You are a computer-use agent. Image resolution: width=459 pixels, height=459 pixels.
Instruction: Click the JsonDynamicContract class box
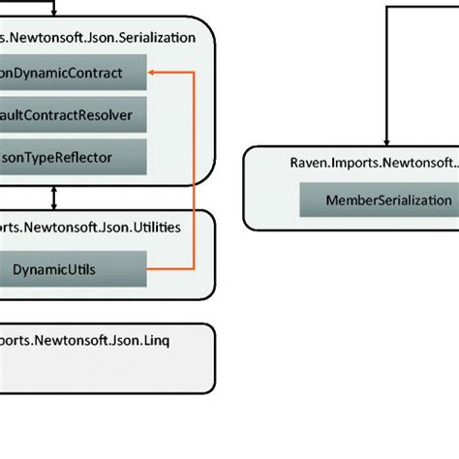click(73, 72)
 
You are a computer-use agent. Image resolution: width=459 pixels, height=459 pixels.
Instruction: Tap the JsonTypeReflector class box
click(73, 157)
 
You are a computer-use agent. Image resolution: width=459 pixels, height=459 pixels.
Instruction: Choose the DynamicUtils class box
click(73, 268)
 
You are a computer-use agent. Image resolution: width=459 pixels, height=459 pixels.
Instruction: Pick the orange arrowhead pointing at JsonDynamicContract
click(154, 72)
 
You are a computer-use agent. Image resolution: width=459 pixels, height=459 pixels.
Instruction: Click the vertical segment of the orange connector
click(194, 169)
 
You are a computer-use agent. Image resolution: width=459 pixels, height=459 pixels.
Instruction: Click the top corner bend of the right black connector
click(387, 8)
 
